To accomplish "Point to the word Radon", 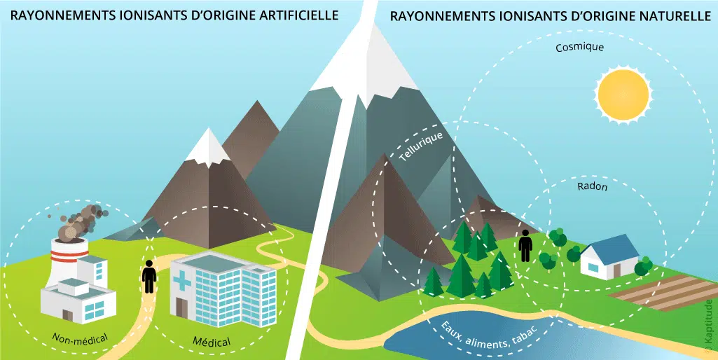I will pos(593,188).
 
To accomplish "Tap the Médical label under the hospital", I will pos(211,342).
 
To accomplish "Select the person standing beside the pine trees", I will pos(525,247).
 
